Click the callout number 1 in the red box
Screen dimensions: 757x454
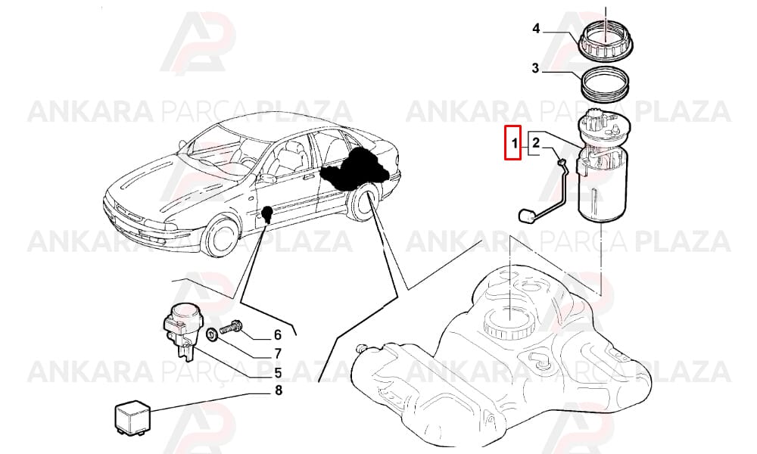point(515,143)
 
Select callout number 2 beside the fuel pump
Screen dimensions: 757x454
point(535,143)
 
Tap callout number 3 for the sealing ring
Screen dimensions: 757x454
point(535,69)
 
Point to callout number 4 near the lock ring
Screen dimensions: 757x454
point(536,29)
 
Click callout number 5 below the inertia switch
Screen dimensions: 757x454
point(278,373)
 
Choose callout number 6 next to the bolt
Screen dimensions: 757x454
point(278,335)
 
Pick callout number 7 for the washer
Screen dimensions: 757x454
point(278,354)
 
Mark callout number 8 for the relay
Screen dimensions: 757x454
point(278,390)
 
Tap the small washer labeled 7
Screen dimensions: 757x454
point(211,334)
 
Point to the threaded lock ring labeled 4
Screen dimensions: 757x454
point(604,42)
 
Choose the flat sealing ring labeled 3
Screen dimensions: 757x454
point(604,84)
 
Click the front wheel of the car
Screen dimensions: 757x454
point(220,236)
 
